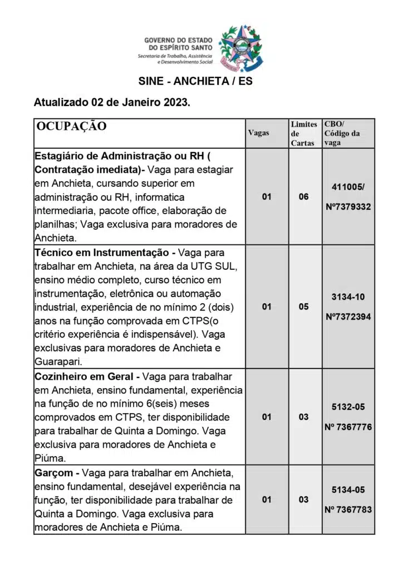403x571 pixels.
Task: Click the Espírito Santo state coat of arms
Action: (x=240, y=48)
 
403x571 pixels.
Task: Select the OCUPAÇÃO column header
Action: (x=71, y=126)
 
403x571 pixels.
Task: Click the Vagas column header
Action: (x=258, y=133)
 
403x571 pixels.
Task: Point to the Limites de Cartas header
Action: (x=304, y=133)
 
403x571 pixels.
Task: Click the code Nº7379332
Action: (x=348, y=207)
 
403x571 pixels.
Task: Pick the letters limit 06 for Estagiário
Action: (x=303, y=197)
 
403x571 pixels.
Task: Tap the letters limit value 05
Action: (x=303, y=307)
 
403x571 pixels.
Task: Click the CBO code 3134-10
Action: (x=348, y=297)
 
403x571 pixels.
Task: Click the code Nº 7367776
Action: (x=348, y=427)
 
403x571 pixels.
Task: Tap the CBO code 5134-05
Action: (x=348, y=489)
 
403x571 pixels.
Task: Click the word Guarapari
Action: (x=58, y=361)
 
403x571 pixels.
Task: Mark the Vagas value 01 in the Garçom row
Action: (x=267, y=499)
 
